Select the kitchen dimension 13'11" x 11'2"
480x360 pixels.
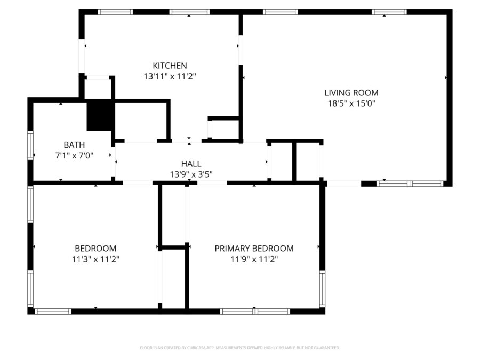tap(170, 76)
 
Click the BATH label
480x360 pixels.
tap(74, 145)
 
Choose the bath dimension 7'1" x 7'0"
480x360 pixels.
tap(74, 155)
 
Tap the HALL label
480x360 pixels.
tap(191, 164)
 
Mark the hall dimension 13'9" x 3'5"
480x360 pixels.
tap(191, 174)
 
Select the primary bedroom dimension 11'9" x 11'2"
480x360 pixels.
tap(254, 259)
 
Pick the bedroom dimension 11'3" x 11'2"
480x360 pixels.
tap(95, 259)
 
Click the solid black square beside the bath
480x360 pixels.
tap(100, 116)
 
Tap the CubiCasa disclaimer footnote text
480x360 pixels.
tap(239, 348)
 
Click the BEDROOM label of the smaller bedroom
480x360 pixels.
tap(95, 249)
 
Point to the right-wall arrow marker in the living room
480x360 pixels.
tap(445, 78)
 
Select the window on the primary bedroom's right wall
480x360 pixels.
tap(322, 290)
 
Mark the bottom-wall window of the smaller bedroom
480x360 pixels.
tap(52, 311)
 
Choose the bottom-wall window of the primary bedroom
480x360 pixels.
tap(255, 311)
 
